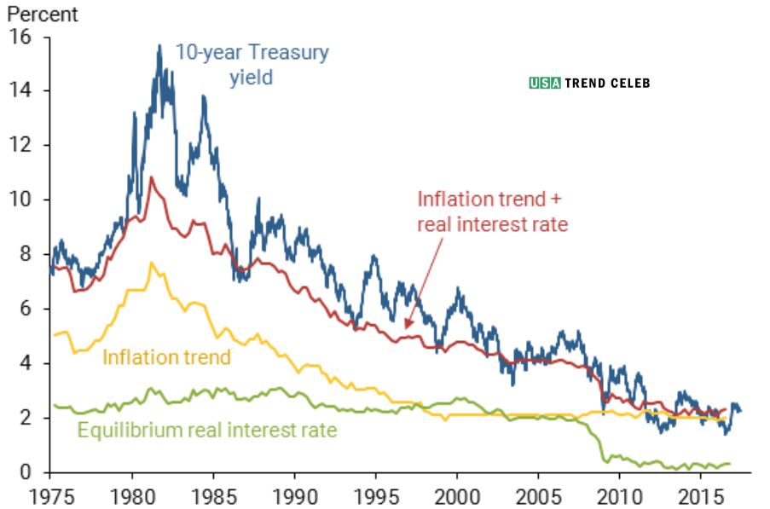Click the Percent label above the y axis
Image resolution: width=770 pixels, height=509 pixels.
click(42, 14)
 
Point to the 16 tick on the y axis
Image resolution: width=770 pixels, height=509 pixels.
click(20, 37)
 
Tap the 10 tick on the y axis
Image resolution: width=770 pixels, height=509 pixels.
click(20, 200)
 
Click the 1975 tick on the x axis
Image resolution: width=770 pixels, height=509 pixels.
click(50, 494)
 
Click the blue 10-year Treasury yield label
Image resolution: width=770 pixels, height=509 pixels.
click(252, 65)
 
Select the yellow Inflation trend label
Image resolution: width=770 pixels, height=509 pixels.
click(166, 356)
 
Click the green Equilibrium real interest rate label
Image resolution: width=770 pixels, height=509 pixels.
click(207, 430)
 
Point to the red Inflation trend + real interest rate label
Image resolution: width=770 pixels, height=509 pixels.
click(492, 211)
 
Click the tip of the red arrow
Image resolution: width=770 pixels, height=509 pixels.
click(406, 329)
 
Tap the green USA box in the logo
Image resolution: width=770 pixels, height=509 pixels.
click(544, 84)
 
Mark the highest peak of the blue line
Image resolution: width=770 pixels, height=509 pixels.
click(159, 45)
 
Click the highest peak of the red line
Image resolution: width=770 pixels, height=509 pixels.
click(152, 177)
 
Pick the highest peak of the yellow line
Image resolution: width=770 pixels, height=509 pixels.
click(152, 263)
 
